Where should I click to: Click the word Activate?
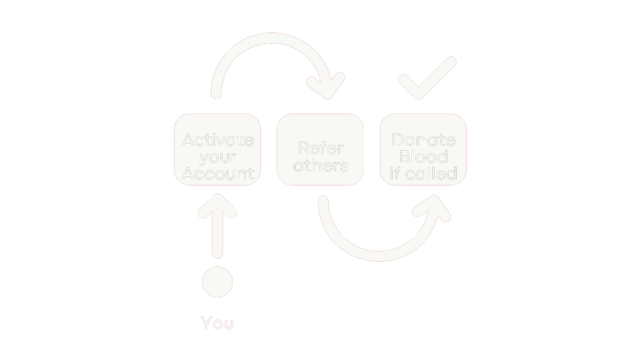(x=218, y=140)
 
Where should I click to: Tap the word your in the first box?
(x=218, y=157)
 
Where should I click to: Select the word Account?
(x=218, y=173)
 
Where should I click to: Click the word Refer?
(x=320, y=148)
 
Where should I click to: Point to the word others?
(x=320, y=165)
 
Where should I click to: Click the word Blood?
(x=423, y=157)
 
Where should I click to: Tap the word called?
(x=431, y=173)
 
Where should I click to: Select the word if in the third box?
(x=395, y=173)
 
